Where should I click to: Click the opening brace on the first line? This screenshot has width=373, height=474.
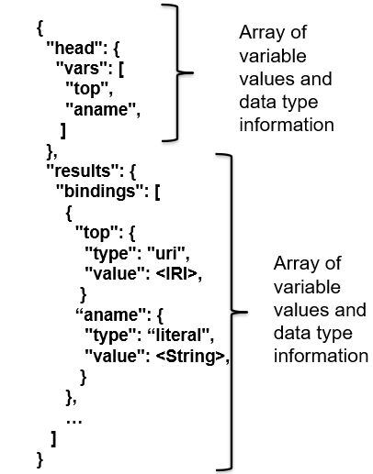[x=40, y=28]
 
